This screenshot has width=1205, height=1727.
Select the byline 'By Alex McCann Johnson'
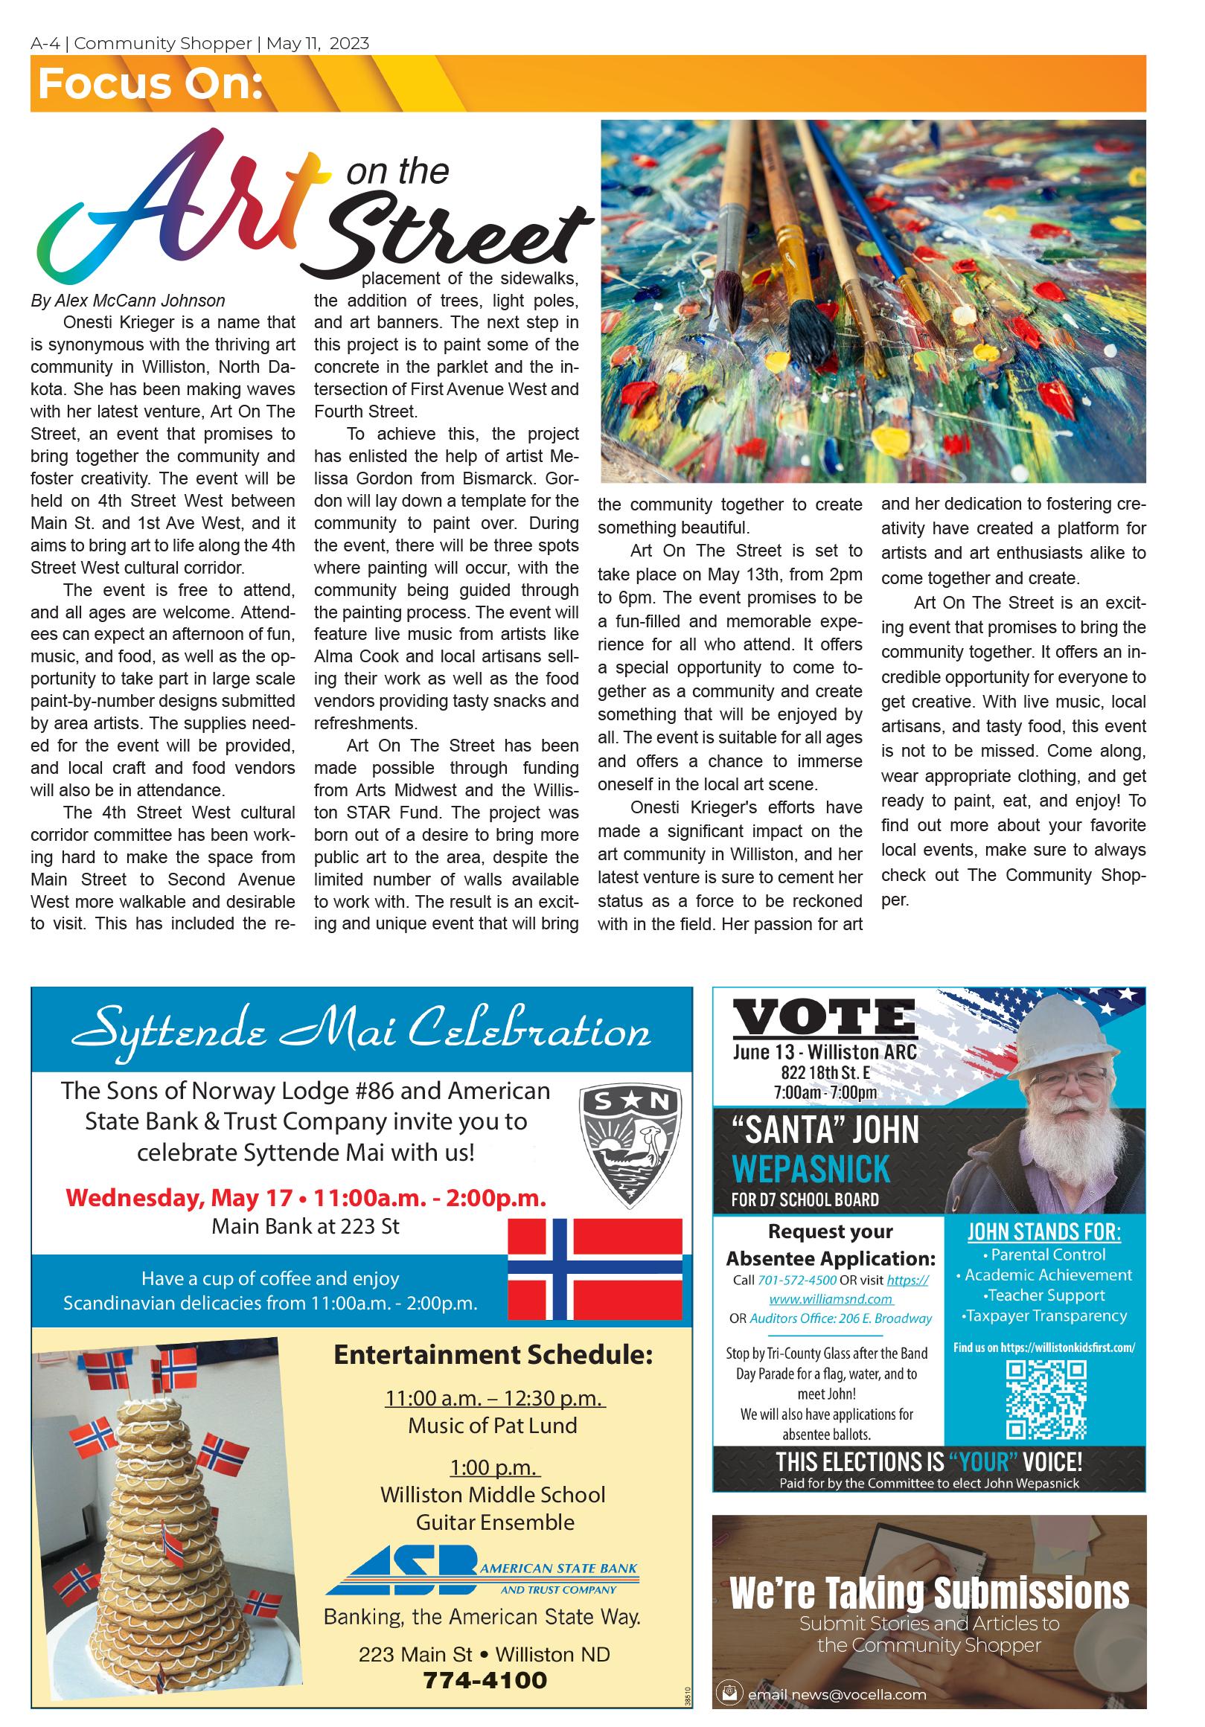click(x=128, y=301)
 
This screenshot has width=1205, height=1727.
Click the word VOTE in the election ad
click(x=824, y=1019)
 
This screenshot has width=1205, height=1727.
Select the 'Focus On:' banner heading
click(x=150, y=84)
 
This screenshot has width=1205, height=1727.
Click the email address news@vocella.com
click(x=836, y=1694)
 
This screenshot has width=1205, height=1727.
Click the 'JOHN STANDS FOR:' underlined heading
click(x=1043, y=1232)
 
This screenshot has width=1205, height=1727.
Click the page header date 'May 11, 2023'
click(x=317, y=44)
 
